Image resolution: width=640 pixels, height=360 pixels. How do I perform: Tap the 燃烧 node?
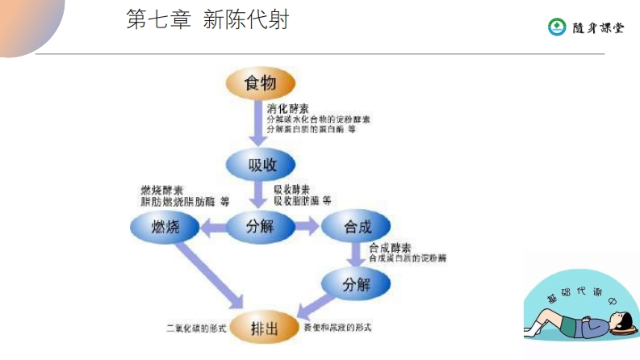coord(165,228)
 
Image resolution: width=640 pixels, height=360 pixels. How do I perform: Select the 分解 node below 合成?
coord(356,285)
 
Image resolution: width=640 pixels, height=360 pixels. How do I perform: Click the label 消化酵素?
coord(286,107)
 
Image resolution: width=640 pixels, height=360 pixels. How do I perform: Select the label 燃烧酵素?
coord(161,190)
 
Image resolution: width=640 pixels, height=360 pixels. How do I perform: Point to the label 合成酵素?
coord(389,247)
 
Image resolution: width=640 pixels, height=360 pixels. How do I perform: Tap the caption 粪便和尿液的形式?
coord(337,329)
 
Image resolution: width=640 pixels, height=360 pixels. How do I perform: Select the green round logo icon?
coord(557,27)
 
